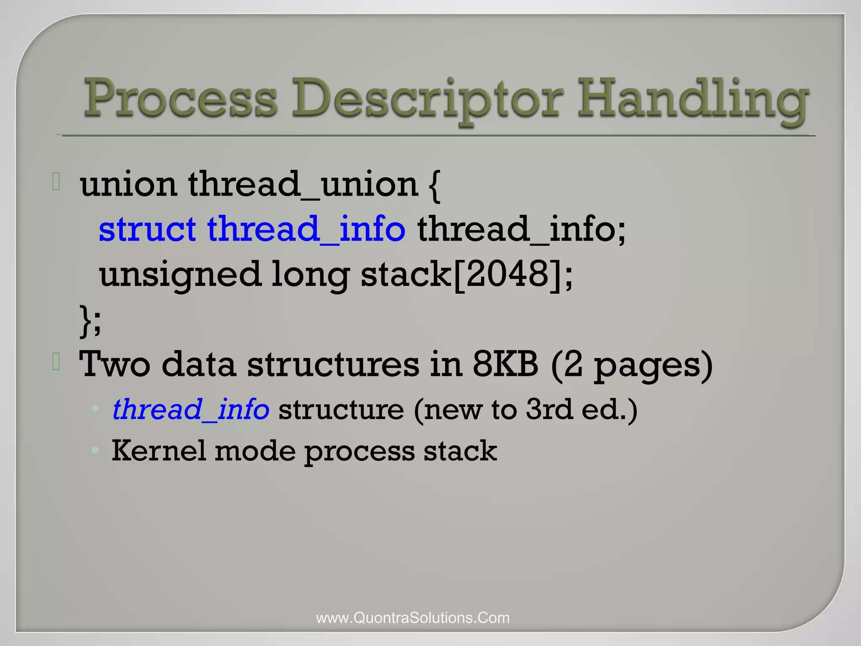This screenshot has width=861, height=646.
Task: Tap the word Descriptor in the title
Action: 427,101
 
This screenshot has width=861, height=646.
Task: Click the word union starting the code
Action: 128,185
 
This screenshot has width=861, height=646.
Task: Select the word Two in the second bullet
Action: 114,365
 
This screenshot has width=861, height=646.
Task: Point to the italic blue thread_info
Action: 190,410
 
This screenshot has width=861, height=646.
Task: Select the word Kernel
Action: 158,451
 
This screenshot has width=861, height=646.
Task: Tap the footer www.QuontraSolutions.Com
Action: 412,618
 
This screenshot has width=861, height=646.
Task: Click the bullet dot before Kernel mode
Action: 96,450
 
